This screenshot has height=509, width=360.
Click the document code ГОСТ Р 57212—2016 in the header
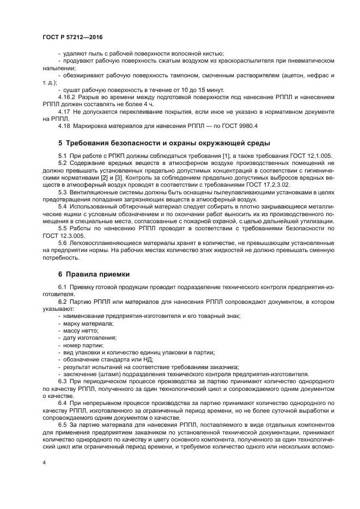click(72, 37)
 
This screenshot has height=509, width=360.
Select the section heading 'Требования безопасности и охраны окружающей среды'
click(163, 143)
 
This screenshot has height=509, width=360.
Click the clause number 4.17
click(63, 111)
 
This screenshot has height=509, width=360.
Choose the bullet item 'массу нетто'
click(81, 330)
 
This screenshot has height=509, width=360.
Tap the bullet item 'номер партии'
click(83, 345)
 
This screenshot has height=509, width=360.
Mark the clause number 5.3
click(63, 192)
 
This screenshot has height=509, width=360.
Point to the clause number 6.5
click(63, 423)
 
